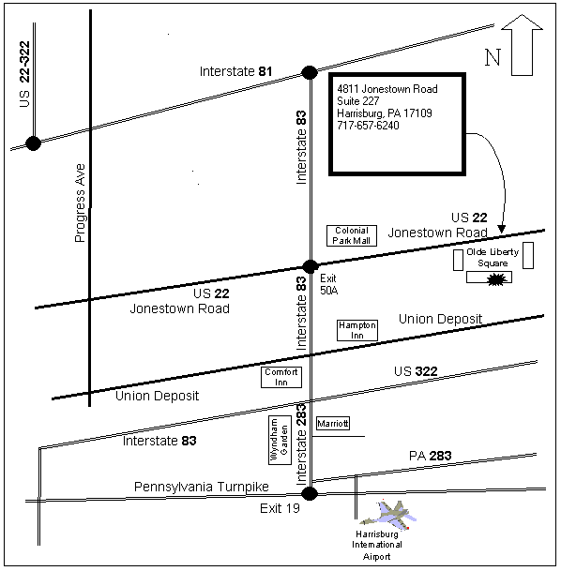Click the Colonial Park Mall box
coord(352,235)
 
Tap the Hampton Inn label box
coord(357,330)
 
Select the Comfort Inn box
coord(281,377)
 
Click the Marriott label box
coord(333,423)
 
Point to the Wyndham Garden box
coord(280,441)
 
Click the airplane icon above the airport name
coord(388,515)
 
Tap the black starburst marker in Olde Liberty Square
coord(497,279)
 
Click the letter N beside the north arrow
coord(493,57)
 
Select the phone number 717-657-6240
coord(368,126)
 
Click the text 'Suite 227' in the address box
coord(358,101)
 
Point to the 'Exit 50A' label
coord(328,284)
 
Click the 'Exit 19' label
coord(280,508)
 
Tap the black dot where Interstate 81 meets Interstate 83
coord(310,72)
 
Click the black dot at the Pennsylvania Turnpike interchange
coord(310,494)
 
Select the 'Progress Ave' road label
coord(80,203)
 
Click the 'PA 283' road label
coord(431,456)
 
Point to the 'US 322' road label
coord(416,371)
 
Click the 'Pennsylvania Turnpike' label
coord(202,487)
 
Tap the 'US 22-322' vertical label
coord(24,74)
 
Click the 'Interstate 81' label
coord(235,71)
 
